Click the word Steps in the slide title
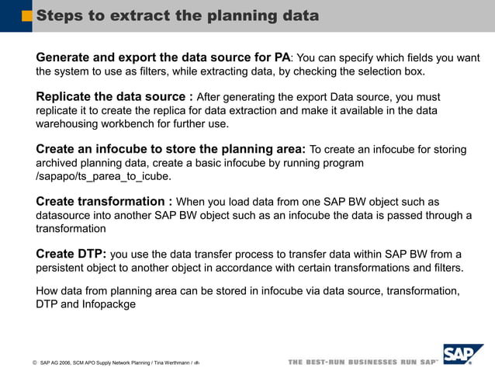click(x=61, y=16)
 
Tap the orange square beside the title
click(x=27, y=16)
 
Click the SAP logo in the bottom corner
click(x=462, y=355)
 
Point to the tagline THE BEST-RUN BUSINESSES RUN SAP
click(x=362, y=362)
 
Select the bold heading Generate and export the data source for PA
click(x=163, y=57)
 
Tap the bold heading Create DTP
click(x=71, y=255)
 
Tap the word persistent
click(x=64, y=268)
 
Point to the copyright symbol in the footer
click(x=34, y=363)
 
